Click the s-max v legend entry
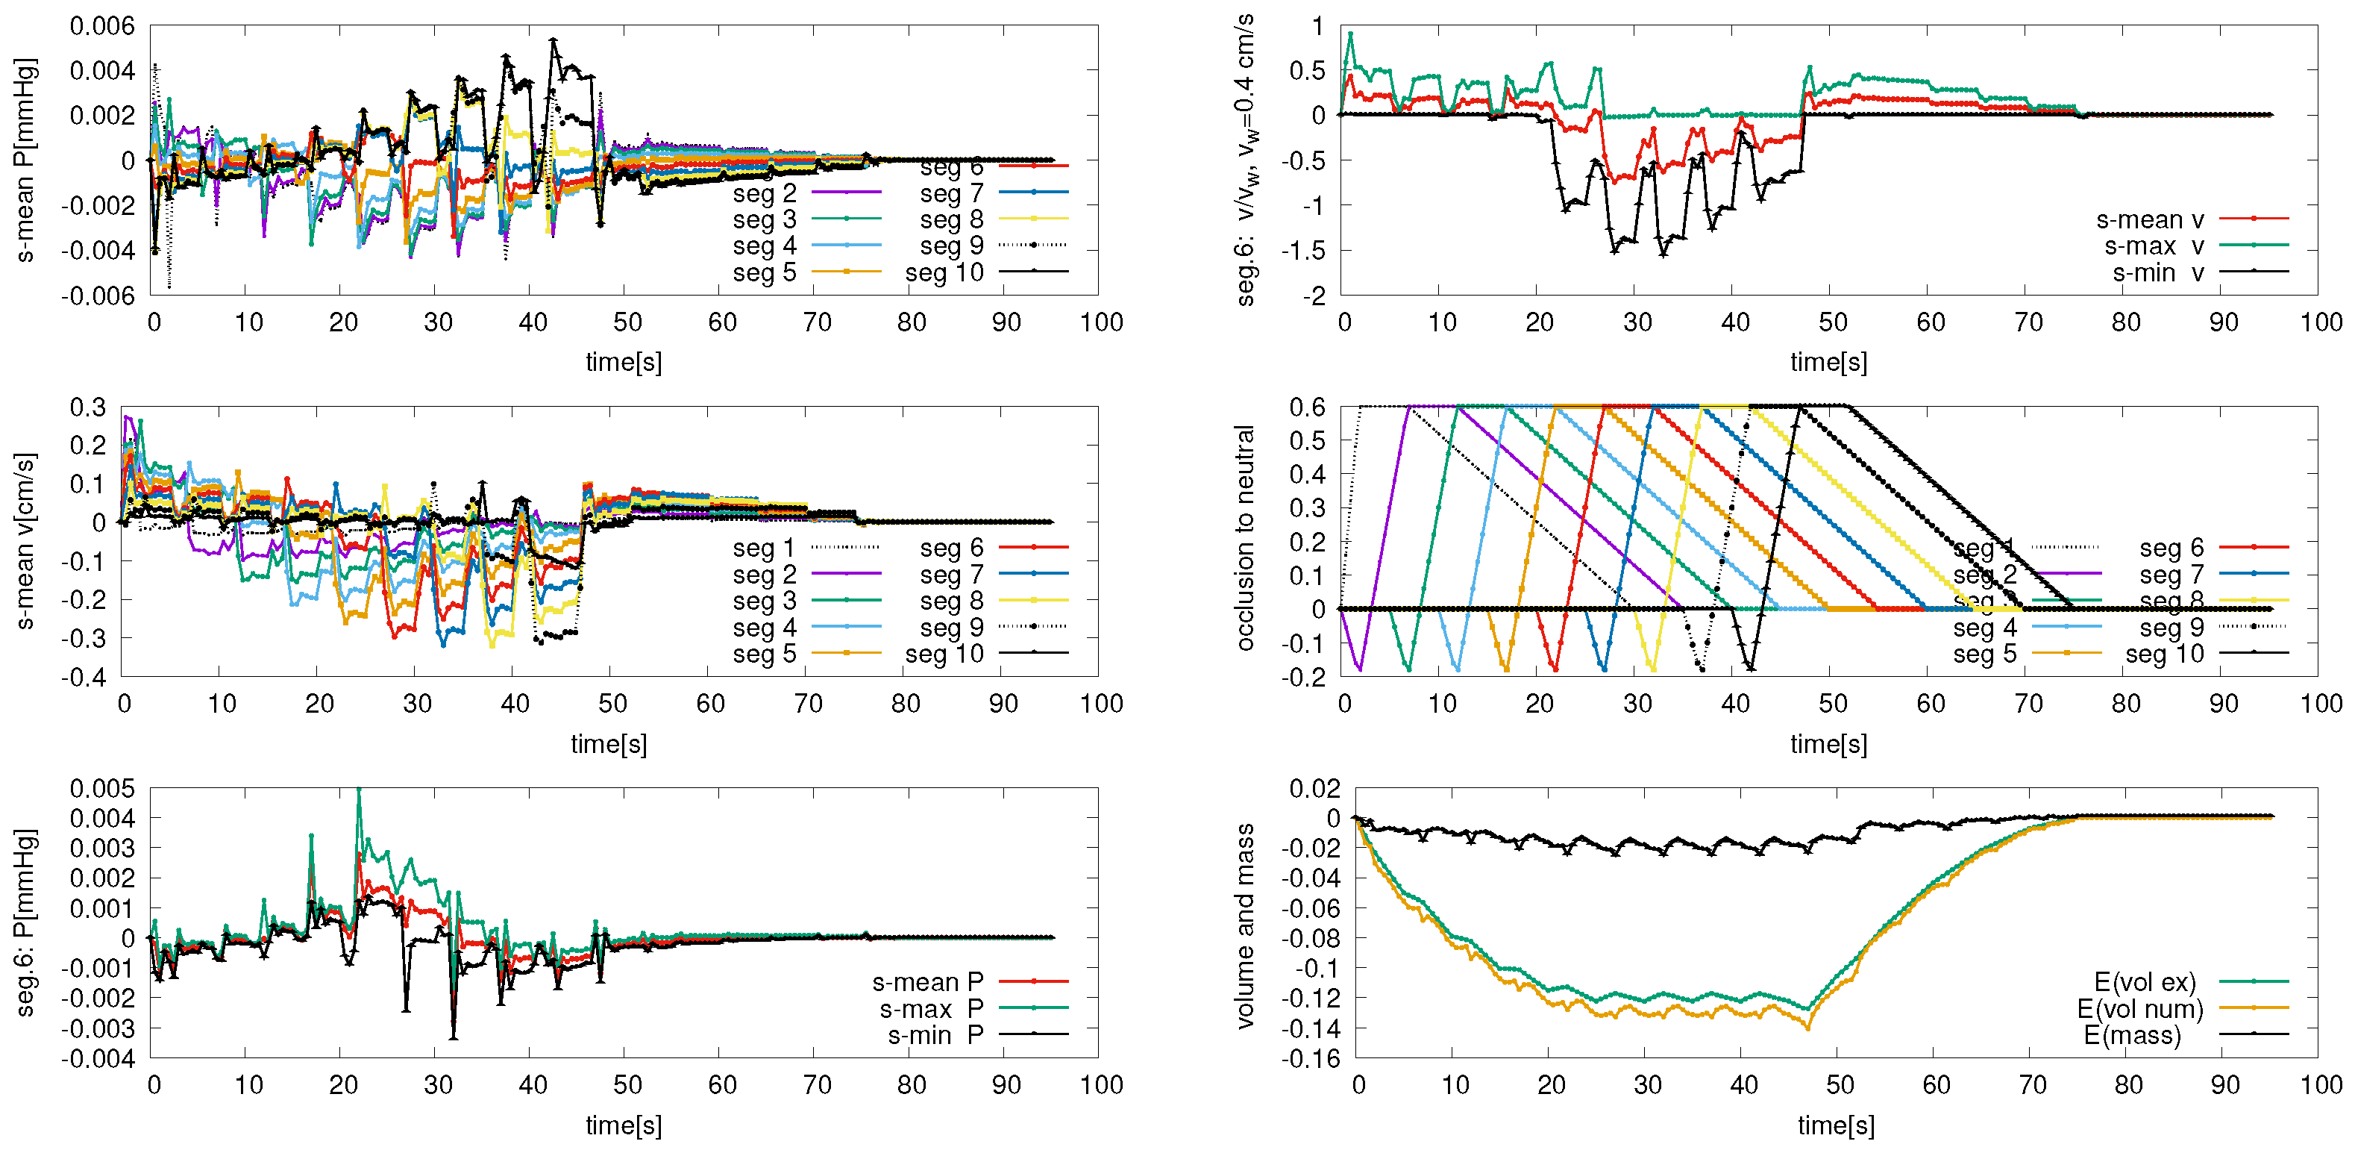click(x=2154, y=246)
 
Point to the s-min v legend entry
click(x=2157, y=272)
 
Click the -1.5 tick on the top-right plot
click(x=1302, y=249)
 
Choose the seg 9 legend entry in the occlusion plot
click(x=2171, y=627)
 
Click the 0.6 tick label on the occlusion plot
click(x=1308, y=407)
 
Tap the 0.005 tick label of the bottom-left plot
click(x=101, y=788)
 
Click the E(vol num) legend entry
click(x=2140, y=1008)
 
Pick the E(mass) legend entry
click(x=2132, y=1035)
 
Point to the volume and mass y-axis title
click(x=1244, y=925)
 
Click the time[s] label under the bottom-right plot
click(x=1836, y=1125)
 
